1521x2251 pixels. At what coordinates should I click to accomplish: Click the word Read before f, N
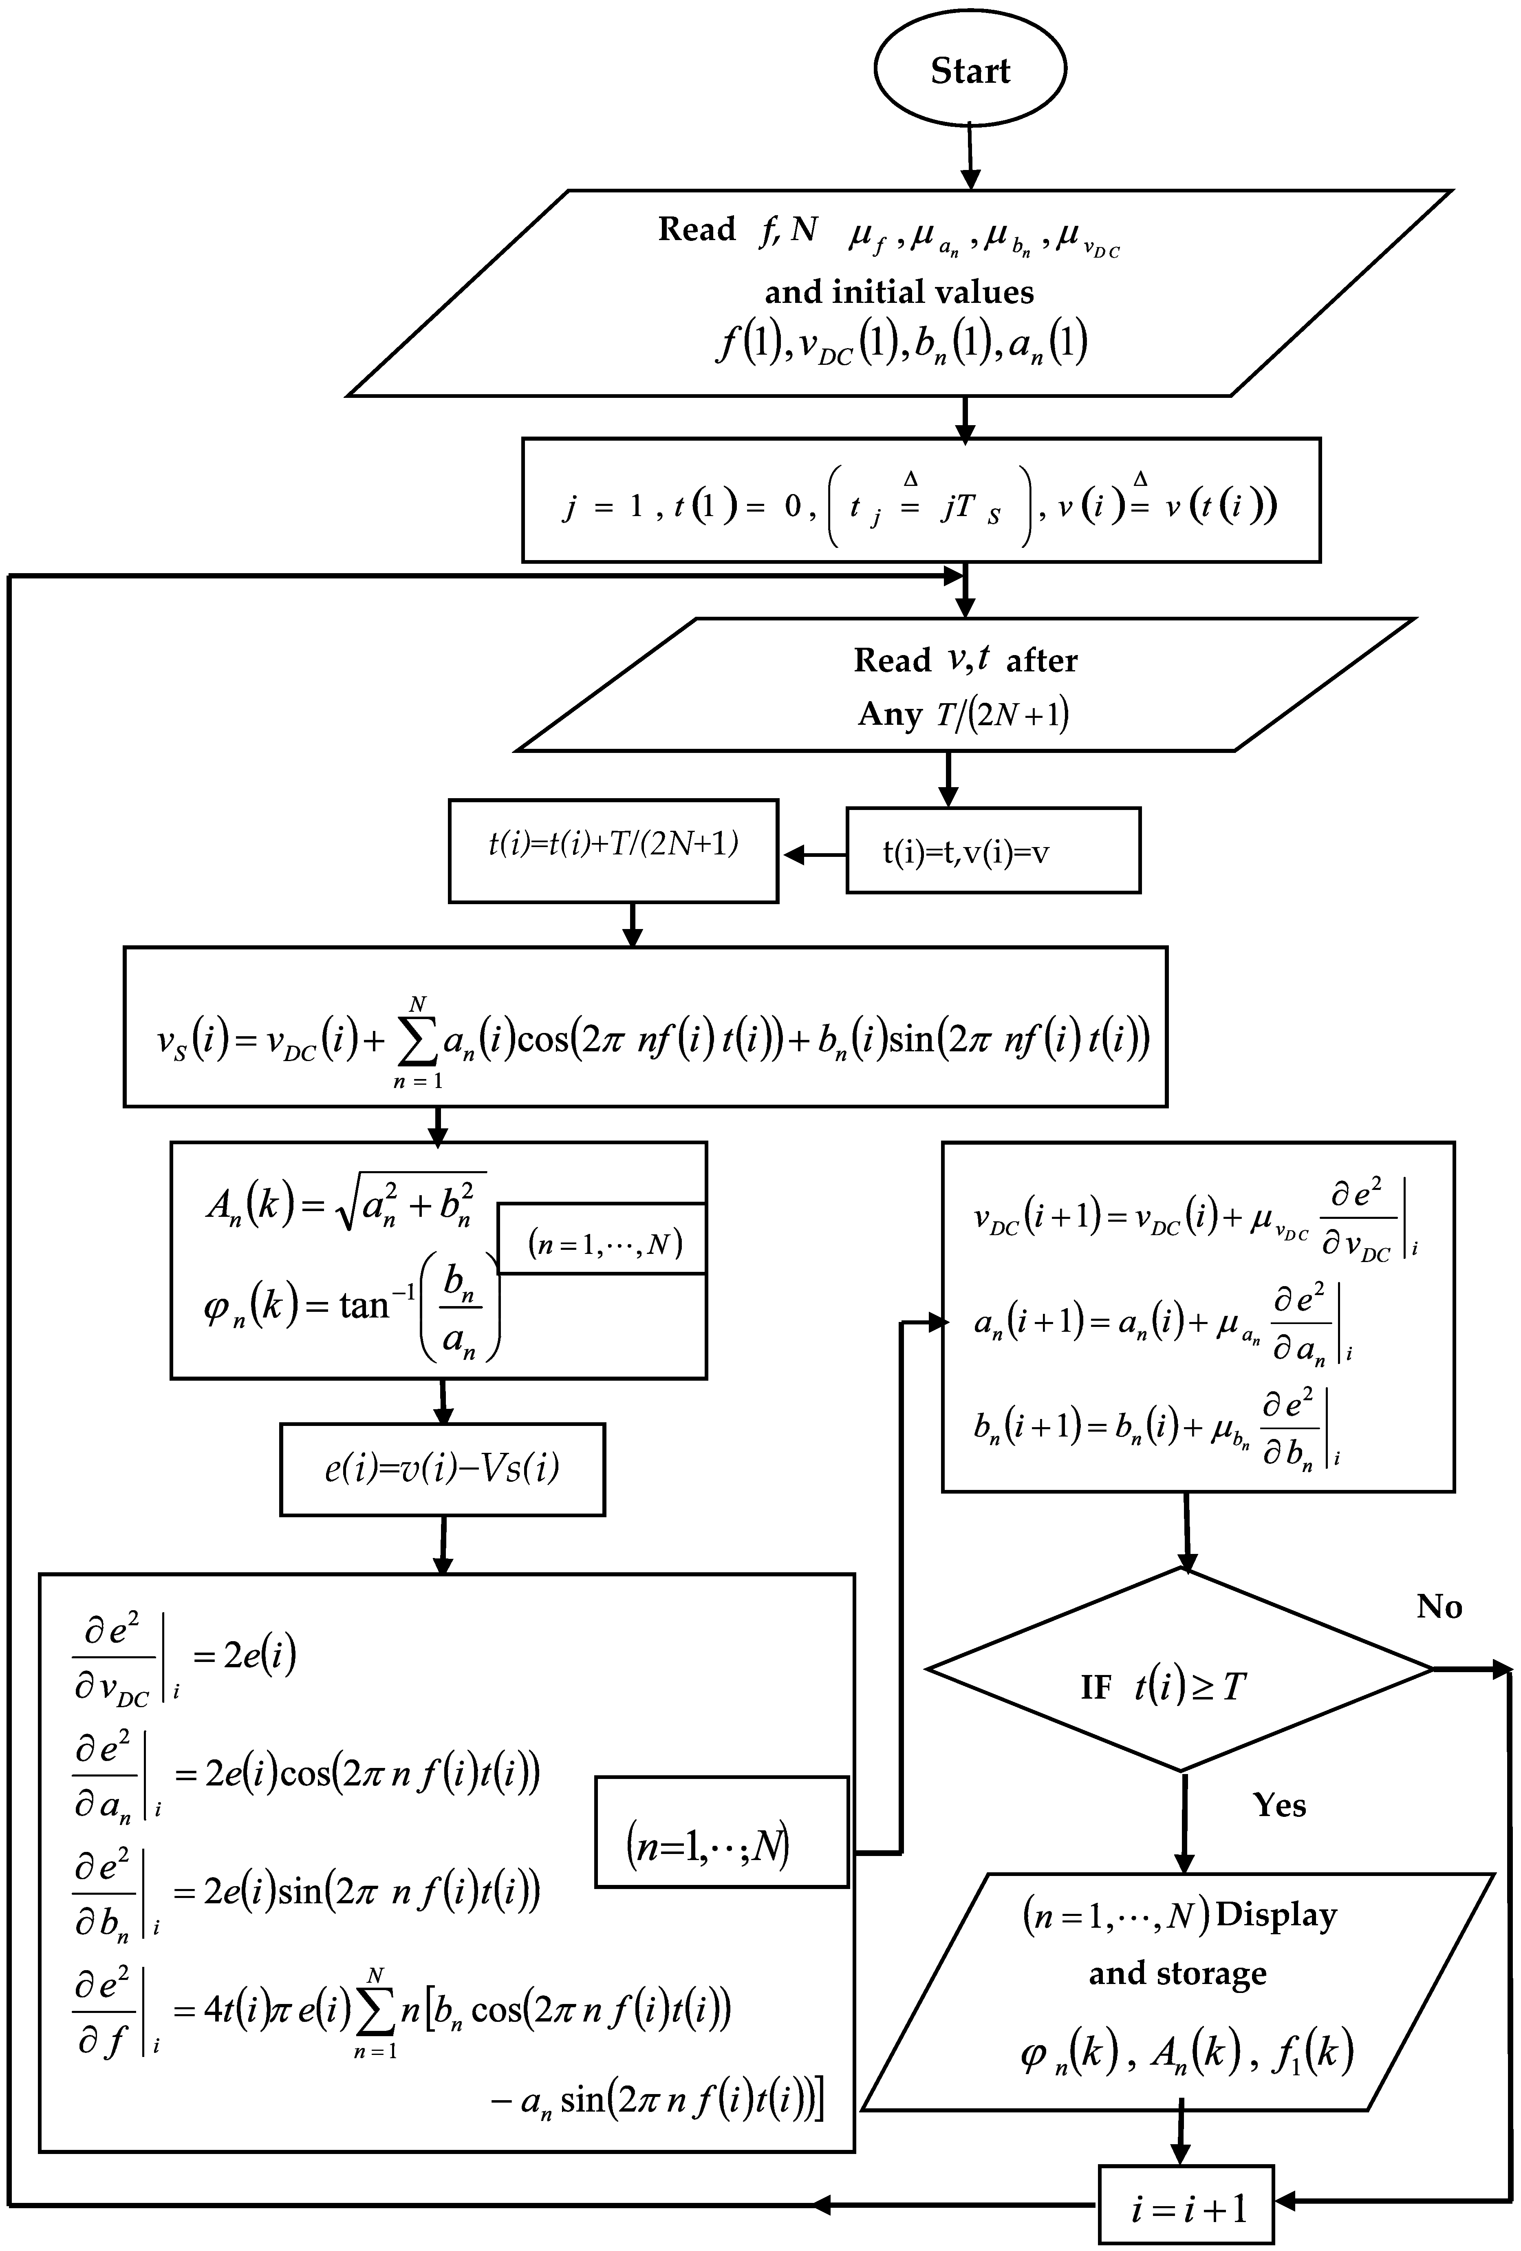tap(697, 230)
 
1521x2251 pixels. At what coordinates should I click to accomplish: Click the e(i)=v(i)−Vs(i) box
tap(443, 1468)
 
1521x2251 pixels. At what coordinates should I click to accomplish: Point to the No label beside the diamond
tap(1439, 1607)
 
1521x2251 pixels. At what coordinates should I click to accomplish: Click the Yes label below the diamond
tap(1279, 1805)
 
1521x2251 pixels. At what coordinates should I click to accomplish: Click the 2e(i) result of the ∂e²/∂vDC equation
tap(260, 1655)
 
